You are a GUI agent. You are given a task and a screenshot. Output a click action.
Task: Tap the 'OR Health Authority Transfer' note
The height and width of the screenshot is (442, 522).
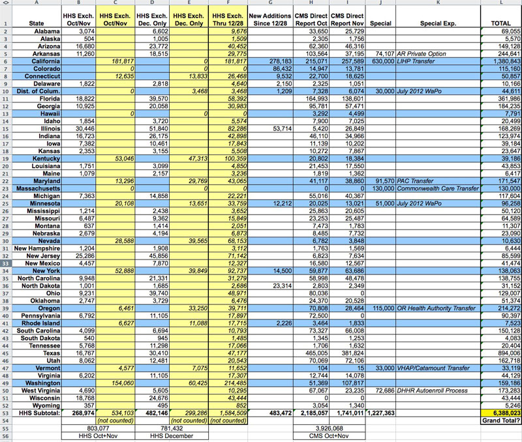(x=436, y=308)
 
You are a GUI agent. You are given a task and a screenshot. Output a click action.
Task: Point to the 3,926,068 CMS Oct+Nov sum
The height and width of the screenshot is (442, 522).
(x=329, y=428)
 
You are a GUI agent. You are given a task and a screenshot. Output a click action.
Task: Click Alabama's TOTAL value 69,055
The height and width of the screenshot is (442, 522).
(x=506, y=31)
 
